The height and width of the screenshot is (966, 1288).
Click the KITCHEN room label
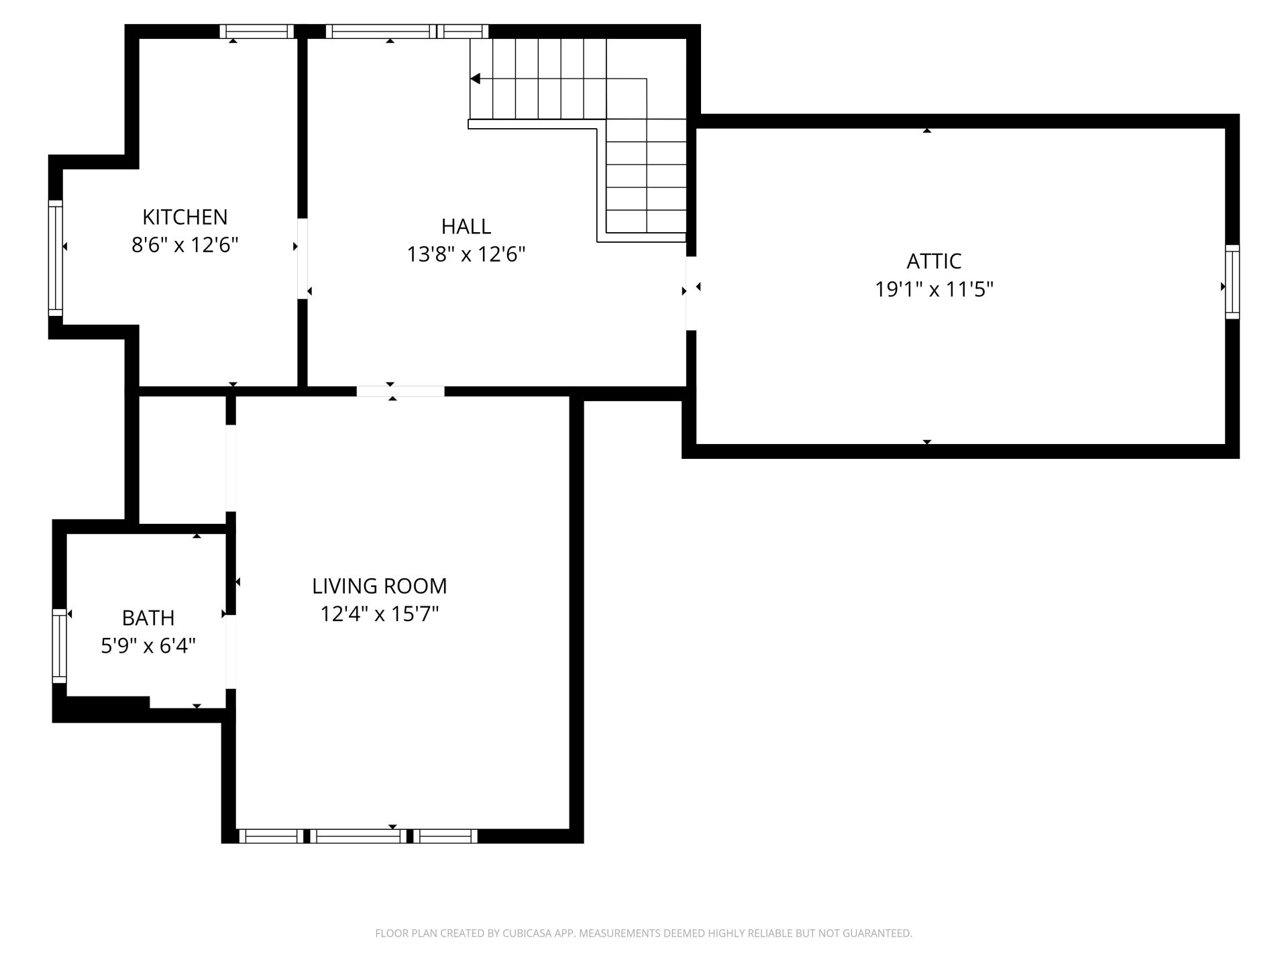coord(185,217)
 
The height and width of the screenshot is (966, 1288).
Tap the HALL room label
coord(466,226)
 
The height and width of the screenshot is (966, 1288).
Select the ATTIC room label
coord(934,261)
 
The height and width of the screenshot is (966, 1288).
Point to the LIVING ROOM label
coord(379,586)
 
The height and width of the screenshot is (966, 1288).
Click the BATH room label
coord(148,617)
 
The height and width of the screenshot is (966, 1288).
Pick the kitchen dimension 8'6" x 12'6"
coord(185,245)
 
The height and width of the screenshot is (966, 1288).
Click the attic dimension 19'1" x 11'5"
coord(934,289)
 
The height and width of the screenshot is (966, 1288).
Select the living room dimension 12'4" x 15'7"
coord(379,614)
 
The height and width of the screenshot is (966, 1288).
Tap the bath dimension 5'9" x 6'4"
coord(148,645)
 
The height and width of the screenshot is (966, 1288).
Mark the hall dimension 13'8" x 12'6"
coord(466,254)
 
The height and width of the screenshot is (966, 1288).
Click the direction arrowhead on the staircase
coord(475,79)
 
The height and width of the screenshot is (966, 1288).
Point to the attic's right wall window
coord(1232,282)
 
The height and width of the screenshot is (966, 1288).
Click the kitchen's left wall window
coord(55,258)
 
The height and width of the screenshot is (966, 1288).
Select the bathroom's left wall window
coord(59,645)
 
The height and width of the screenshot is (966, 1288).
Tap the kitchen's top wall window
coord(258,32)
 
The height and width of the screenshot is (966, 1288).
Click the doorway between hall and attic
coord(691,293)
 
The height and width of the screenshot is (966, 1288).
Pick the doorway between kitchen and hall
coord(303,258)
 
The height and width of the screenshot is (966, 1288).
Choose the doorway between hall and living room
coord(400,391)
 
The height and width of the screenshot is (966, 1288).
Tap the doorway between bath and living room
coord(231,651)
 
